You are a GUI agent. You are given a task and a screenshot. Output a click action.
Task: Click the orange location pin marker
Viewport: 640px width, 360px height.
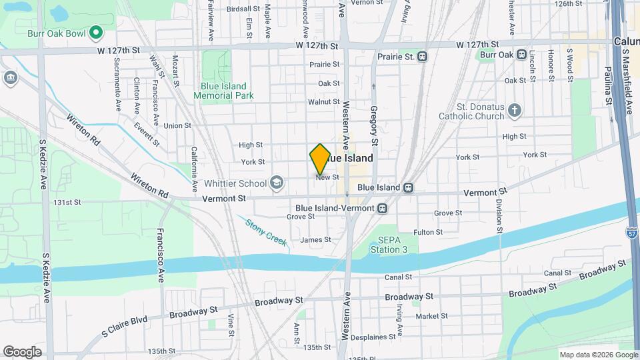[x=320, y=159]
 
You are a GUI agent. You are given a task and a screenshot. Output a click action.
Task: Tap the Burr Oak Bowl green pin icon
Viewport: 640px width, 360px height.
[x=95, y=31]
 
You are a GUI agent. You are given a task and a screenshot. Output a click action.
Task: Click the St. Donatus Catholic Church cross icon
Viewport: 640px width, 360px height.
[x=514, y=111]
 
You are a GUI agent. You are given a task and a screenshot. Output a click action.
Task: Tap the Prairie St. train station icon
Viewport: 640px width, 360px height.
[x=423, y=57]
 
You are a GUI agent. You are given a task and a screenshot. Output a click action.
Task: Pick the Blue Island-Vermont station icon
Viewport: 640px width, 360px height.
[x=383, y=208]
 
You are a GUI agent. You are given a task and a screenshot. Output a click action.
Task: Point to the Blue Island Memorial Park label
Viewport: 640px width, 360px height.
[x=224, y=91]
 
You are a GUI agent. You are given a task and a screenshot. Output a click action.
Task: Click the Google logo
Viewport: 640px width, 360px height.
[x=22, y=351]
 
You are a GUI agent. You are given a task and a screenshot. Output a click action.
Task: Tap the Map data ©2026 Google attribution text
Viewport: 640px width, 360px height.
[x=598, y=355]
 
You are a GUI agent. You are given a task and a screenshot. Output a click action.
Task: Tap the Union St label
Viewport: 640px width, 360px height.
[x=177, y=125]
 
